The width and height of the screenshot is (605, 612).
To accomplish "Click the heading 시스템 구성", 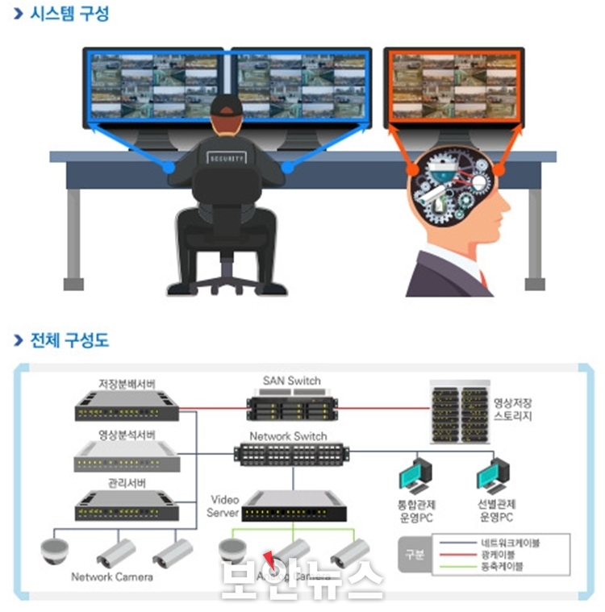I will pos(69,14).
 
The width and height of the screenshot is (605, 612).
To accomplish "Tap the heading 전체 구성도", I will pos(69,339).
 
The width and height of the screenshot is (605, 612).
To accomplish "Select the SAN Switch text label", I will pos(291,381).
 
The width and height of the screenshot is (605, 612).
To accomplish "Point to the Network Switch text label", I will pos(288,436).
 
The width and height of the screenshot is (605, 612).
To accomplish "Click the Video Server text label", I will pos(223,506).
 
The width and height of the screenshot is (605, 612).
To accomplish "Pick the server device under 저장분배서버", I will pos(127,407).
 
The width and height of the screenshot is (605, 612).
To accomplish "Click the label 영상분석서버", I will pos(127,435).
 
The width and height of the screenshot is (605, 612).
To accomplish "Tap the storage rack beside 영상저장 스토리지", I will pos(460,414).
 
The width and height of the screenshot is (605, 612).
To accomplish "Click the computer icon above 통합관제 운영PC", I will pos(416,476).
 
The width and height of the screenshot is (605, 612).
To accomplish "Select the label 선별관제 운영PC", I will pos(494,510).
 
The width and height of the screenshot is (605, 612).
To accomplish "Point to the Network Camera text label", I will pos(111,577).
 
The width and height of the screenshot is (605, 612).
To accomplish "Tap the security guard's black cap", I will pos(227,106).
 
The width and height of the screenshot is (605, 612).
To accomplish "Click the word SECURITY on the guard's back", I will pos(227,159).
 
